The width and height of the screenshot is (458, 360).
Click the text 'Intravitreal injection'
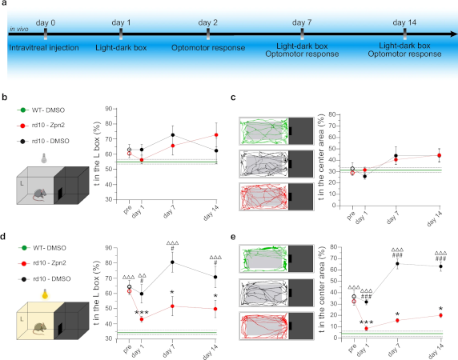[x=43, y=48]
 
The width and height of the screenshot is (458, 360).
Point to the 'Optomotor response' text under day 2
[x=207, y=48]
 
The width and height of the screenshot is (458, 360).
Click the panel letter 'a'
[x=5, y=6]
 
